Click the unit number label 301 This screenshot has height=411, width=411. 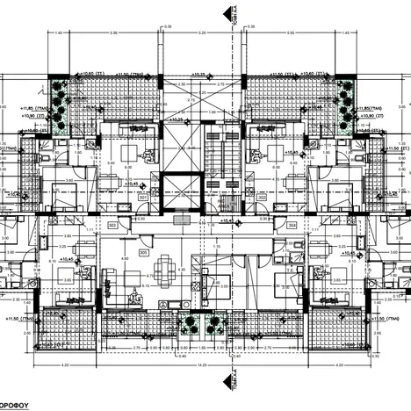[144, 198]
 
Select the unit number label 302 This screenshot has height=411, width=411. [263, 198]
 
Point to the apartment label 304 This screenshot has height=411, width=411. [292, 225]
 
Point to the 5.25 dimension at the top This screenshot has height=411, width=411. [202, 32]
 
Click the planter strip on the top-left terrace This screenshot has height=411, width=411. [58, 105]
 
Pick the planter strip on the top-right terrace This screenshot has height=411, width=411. [344, 105]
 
